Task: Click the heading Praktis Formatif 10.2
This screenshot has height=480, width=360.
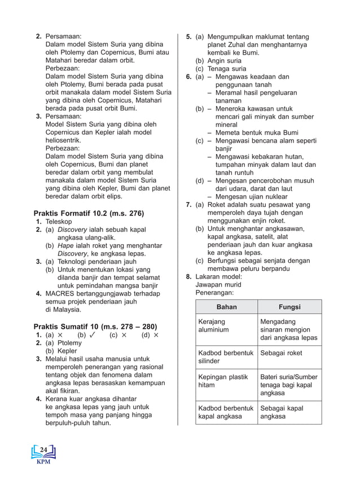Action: pyautogui.click(x=89, y=213)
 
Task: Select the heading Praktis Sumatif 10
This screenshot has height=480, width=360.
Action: pyautogui.click(x=95, y=327)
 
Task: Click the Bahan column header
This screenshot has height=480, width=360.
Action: pyautogui.click(x=227, y=307)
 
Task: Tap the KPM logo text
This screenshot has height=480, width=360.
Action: pyautogui.click(x=43, y=461)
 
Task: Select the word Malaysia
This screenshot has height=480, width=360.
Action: pyautogui.click(x=63, y=310)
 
